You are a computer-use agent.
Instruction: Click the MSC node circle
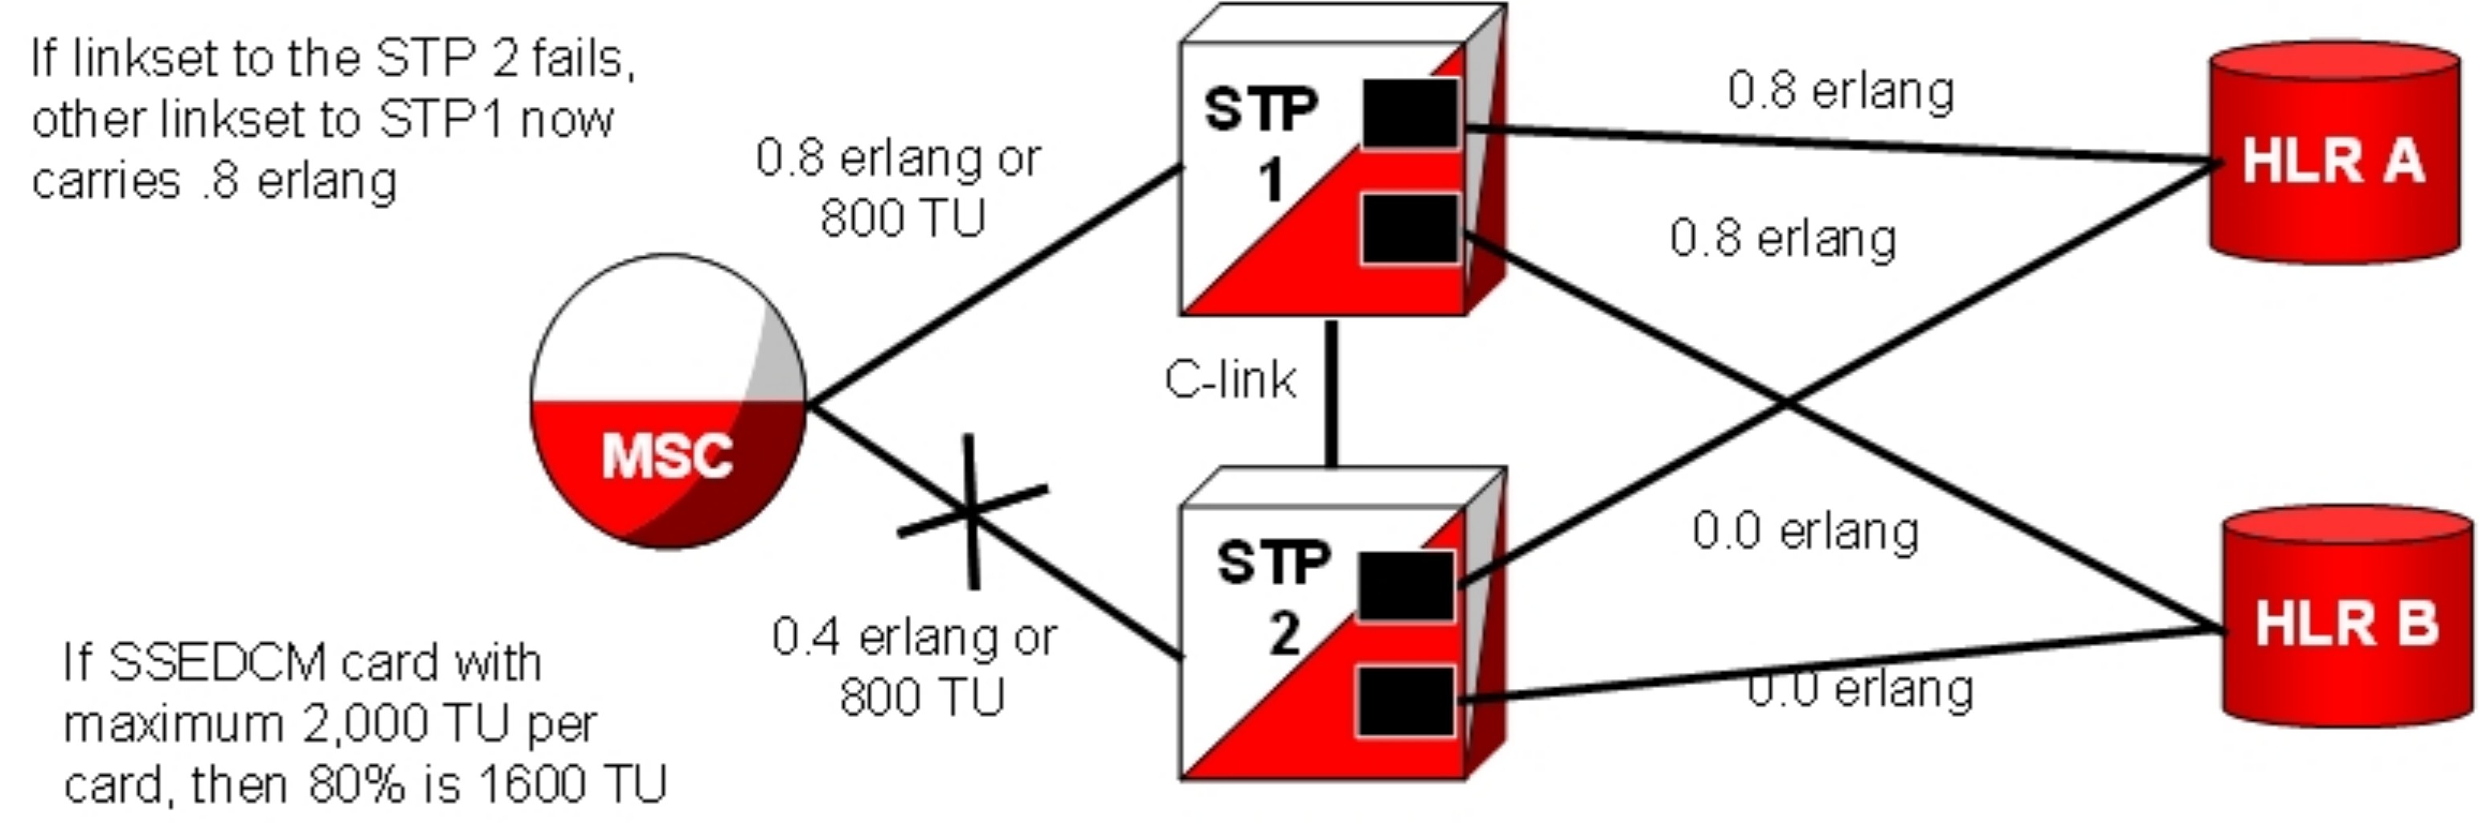click(x=668, y=401)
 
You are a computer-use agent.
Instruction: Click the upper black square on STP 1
click(x=1410, y=113)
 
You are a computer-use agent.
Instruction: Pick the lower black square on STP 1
click(x=1410, y=228)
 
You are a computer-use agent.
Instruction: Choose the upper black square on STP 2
click(x=1406, y=585)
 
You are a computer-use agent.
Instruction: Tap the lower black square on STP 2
click(x=1406, y=701)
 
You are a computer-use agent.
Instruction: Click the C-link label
click(x=1230, y=380)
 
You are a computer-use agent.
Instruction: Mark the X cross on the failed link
click(x=972, y=513)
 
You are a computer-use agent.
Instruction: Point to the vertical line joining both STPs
click(x=1332, y=395)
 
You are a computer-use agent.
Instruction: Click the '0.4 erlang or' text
click(x=914, y=637)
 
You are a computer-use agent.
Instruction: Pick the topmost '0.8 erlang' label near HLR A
click(x=1840, y=92)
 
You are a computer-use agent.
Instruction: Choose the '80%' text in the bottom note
click(x=357, y=784)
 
